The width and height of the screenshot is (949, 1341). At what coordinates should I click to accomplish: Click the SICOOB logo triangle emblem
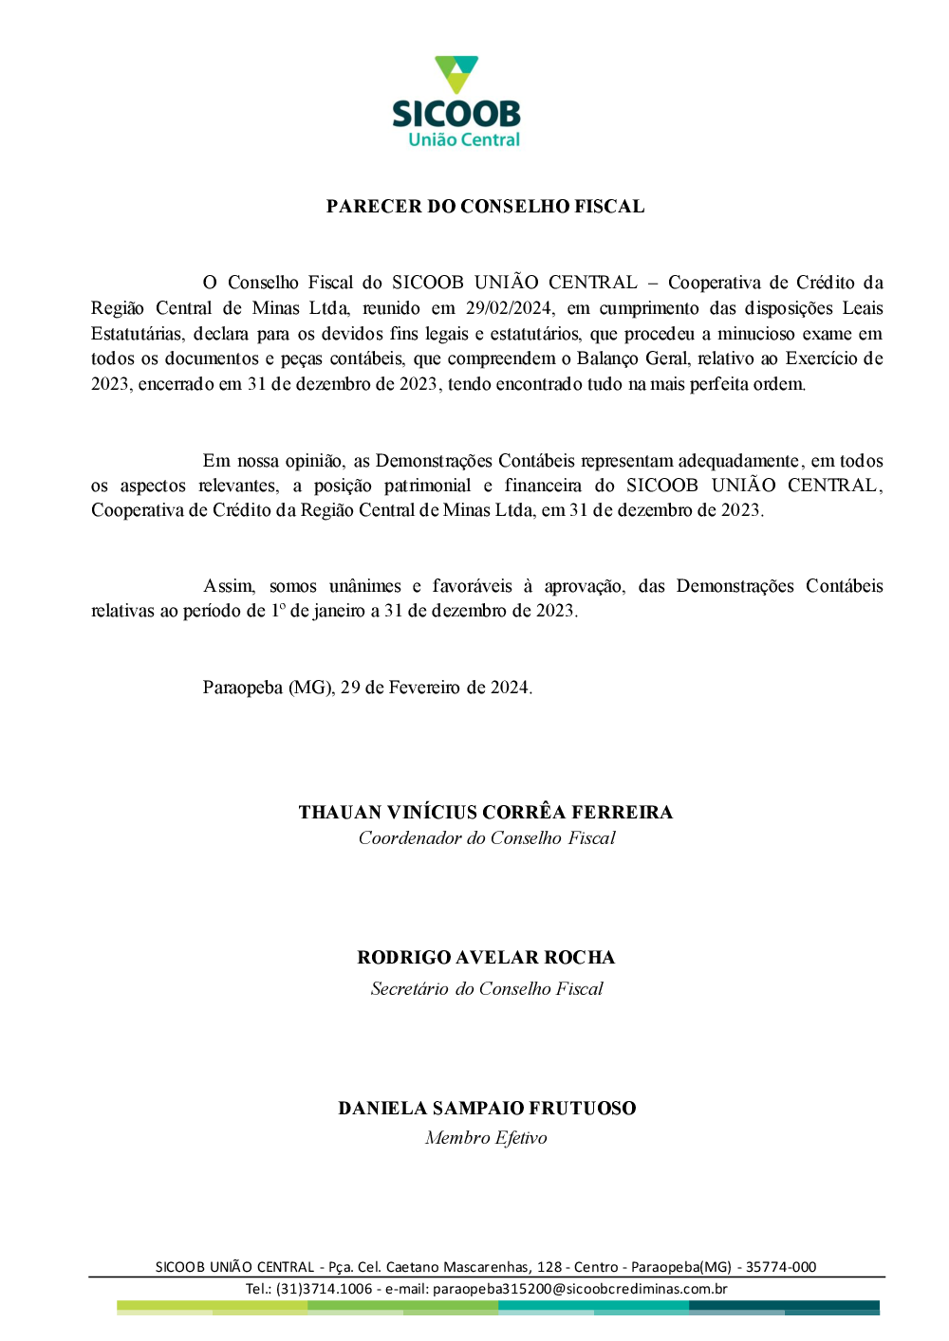click(456, 74)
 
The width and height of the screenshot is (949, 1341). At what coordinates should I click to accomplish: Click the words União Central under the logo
click(464, 139)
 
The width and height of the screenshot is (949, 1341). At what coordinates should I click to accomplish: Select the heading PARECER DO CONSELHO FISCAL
click(485, 207)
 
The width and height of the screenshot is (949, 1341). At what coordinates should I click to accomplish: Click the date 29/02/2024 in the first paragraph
click(509, 308)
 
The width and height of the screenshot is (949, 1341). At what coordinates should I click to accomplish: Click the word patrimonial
click(427, 486)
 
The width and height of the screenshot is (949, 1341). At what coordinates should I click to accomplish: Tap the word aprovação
click(584, 586)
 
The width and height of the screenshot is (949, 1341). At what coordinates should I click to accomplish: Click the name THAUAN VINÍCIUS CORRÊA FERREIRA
click(485, 813)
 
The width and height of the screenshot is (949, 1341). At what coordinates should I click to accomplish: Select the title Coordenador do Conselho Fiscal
click(487, 838)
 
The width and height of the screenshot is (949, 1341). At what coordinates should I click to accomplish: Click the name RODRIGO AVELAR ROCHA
click(486, 958)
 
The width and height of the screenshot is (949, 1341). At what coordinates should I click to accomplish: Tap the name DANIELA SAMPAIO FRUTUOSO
click(487, 1109)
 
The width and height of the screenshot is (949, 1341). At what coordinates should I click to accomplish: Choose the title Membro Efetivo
click(486, 1138)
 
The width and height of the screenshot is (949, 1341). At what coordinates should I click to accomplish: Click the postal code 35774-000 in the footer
click(780, 1267)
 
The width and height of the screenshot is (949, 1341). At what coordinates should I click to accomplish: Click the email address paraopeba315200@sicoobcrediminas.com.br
click(580, 1289)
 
